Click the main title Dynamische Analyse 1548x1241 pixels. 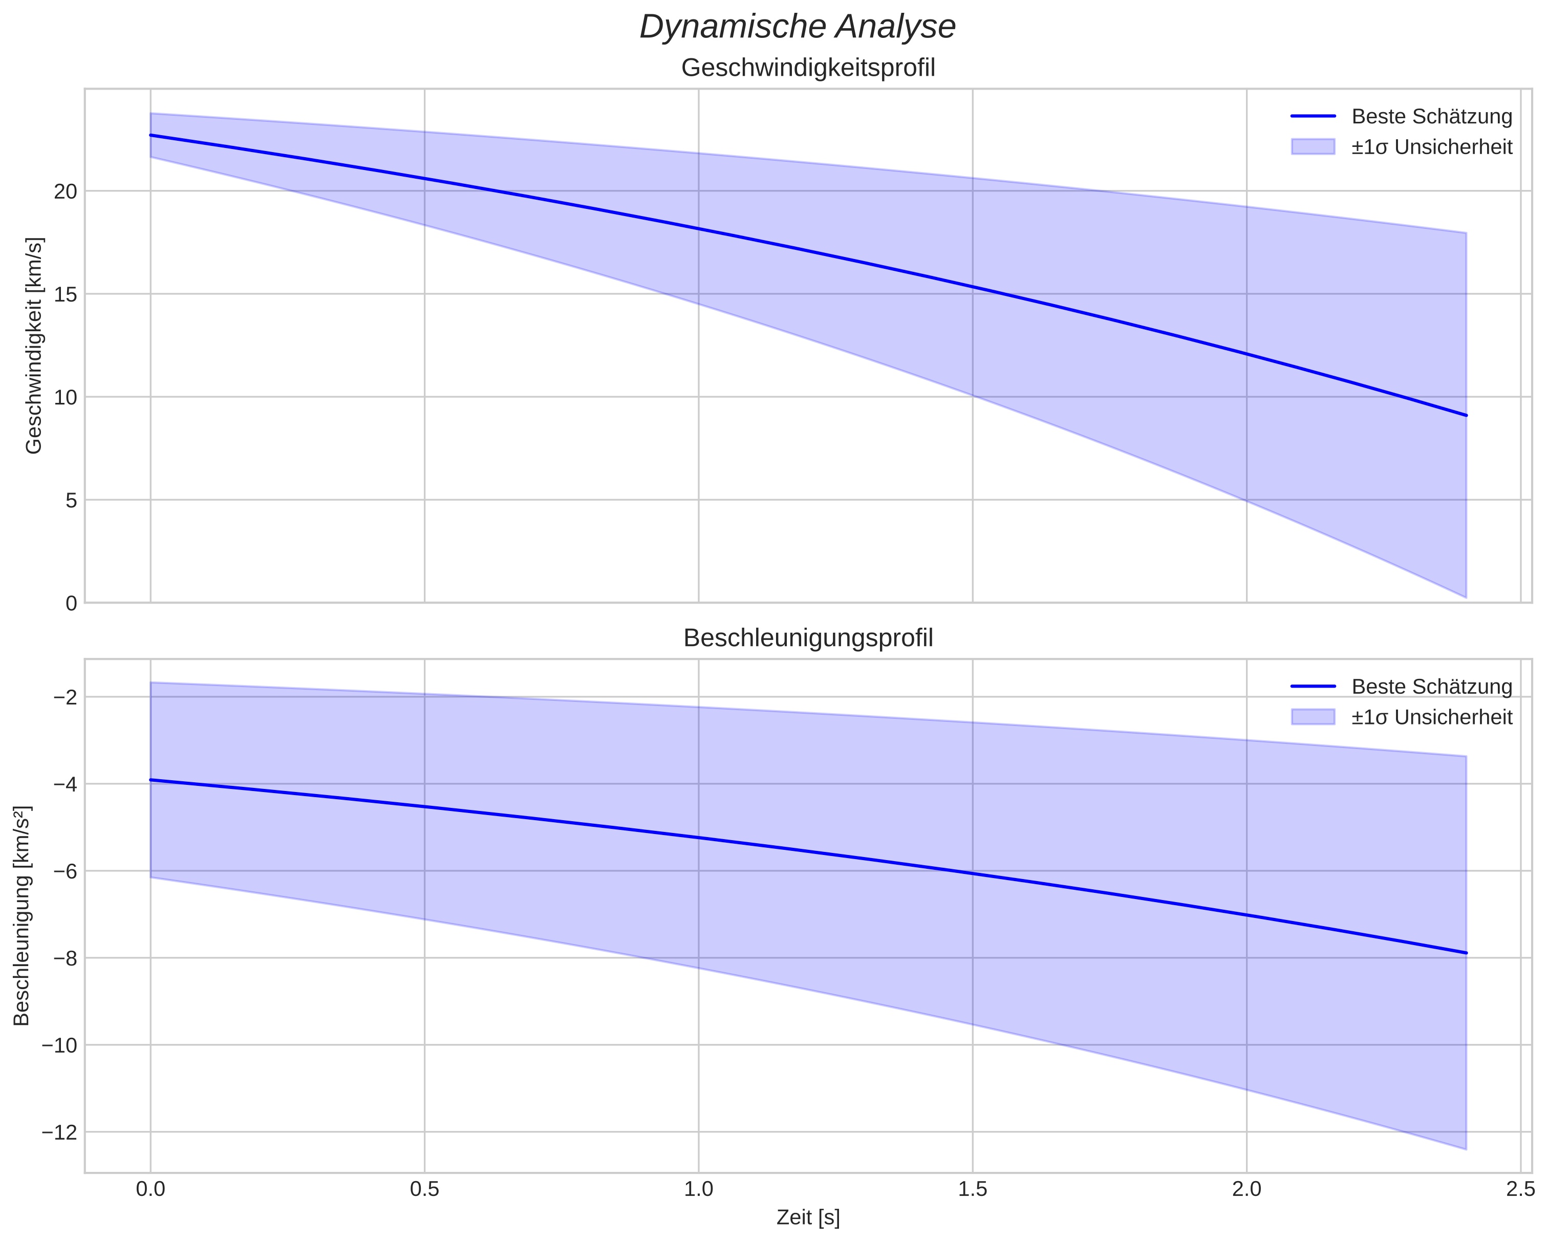[797, 27]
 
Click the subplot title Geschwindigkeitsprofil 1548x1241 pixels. [808, 68]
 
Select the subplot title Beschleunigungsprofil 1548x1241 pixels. [808, 638]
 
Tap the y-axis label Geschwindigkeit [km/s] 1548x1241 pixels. [34, 346]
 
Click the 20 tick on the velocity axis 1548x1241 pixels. [66, 192]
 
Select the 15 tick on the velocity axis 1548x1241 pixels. [66, 294]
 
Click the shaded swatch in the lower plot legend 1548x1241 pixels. [1313, 717]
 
